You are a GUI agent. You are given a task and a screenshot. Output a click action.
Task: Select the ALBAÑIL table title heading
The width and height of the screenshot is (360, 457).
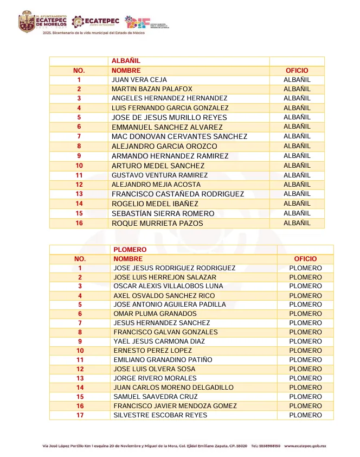[126, 61]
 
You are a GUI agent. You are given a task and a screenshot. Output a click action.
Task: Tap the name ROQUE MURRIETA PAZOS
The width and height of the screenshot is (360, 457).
[157, 223]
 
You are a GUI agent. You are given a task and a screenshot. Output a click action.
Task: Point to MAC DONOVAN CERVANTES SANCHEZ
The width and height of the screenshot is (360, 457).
[179, 137]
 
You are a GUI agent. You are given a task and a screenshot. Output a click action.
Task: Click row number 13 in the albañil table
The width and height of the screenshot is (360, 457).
[79, 194]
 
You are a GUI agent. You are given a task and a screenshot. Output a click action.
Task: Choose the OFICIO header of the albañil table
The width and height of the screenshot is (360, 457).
[297, 71]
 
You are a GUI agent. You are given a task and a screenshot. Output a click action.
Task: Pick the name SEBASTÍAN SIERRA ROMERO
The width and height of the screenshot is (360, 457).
[163, 213]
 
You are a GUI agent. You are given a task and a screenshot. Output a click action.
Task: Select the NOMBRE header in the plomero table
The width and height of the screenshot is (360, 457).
[128, 259]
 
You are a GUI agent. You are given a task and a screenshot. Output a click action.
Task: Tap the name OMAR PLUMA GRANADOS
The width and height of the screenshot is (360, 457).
[155, 314]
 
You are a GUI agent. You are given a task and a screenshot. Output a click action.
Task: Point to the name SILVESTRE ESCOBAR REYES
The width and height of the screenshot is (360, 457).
[160, 415]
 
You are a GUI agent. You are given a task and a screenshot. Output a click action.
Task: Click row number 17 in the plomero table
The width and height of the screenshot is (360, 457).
[80, 415]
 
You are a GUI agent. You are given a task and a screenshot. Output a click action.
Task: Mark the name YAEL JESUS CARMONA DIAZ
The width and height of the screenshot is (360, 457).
[159, 341]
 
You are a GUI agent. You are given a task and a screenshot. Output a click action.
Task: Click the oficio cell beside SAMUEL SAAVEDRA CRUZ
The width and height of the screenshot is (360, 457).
[305, 397]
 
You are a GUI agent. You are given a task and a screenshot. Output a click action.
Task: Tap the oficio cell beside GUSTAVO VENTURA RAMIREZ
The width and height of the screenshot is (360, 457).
[297, 175]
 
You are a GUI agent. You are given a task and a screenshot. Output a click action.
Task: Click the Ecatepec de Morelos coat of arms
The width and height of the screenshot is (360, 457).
[27, 22]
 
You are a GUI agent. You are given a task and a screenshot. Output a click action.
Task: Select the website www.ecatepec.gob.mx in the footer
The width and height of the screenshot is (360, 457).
[305, 446]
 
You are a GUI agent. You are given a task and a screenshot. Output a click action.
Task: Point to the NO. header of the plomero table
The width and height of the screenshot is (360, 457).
[80, 259]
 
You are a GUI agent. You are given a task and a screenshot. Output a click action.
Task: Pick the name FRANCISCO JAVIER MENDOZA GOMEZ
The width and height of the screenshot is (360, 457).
[175, 406]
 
